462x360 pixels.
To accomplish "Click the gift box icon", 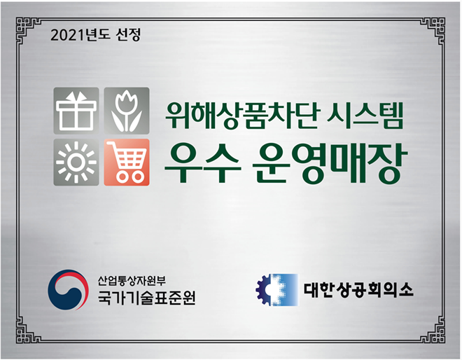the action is point(76,111).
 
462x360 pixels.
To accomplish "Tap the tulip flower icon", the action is point(127,111).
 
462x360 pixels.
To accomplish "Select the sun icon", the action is point(76,162).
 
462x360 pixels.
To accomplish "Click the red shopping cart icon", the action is point(127,162).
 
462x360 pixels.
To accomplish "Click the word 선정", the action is point(129,35).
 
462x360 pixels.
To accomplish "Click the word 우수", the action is point(201,163).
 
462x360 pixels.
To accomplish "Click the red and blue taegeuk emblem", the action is point(68,289).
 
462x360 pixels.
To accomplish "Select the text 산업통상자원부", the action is point(132,280).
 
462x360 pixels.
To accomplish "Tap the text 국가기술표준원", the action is point(146,298).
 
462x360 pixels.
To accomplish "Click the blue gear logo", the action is point(277,290).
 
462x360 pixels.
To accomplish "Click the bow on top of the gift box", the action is point(76,95).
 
